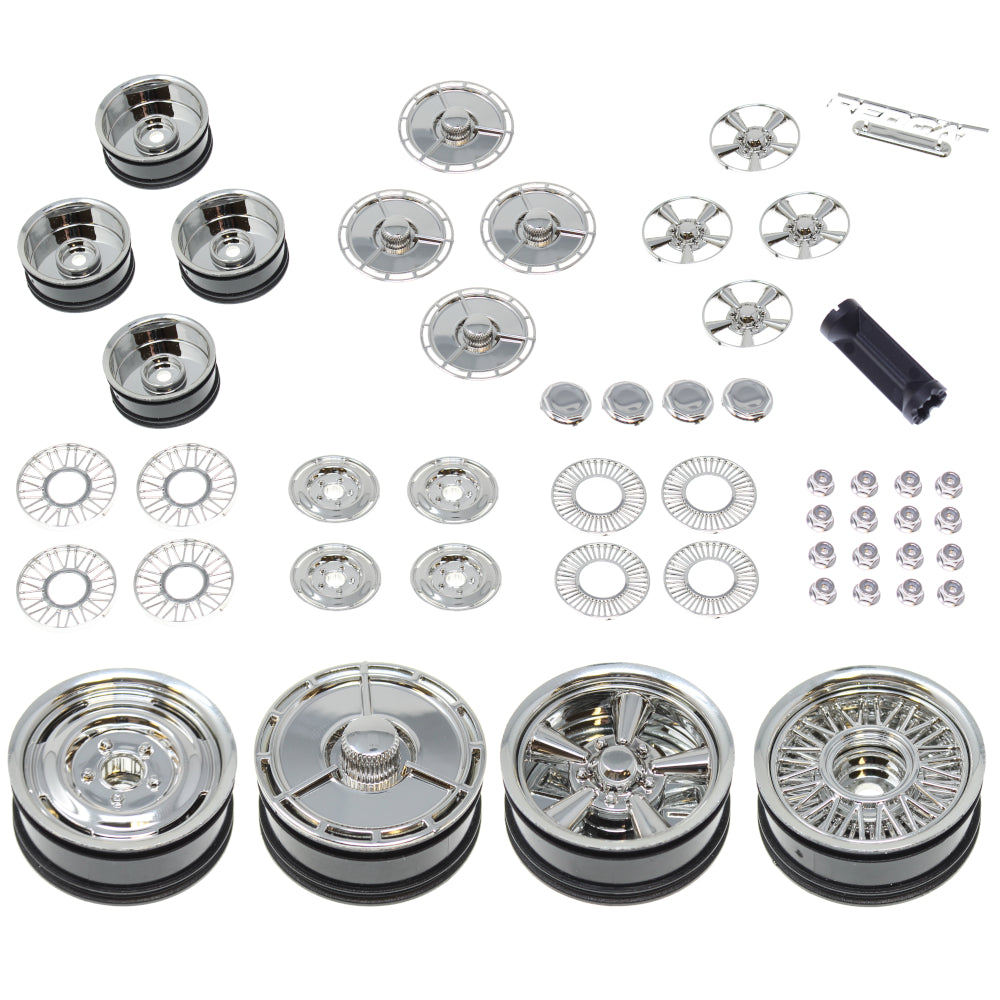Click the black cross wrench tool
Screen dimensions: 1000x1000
click(x=883, y=359)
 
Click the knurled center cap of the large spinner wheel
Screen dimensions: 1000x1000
click(x=371, y=765)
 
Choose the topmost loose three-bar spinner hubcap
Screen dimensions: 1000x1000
click(x=456, y=126)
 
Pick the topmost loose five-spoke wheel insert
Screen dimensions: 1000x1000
click(x=755, y=137)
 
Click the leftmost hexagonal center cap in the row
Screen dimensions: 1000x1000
click(x=566, y=401)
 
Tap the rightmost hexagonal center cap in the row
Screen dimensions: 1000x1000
click(x=747, y=399)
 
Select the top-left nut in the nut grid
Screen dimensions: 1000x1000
click(x=821, y=484)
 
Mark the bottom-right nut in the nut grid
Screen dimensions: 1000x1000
click(x=950, y=592)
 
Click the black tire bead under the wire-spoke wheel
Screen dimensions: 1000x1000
click(x=868, y=880)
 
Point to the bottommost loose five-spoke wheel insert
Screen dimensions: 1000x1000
click(x=747, y=313)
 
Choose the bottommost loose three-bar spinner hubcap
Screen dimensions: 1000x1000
click(x=477, y=333)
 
